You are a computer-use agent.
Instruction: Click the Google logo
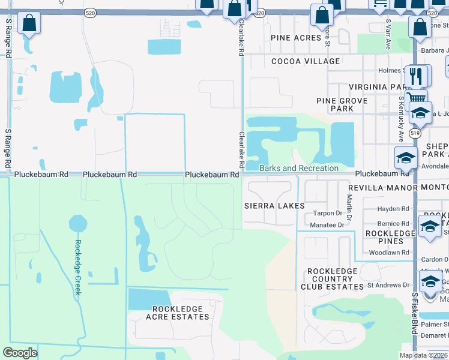pos(20,353)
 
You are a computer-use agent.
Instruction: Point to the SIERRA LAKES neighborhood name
pos(274,206)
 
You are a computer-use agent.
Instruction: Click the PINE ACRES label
pos(297,38)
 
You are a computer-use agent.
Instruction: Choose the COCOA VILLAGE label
pos(306,61)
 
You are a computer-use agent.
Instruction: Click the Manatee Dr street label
pos(327,225)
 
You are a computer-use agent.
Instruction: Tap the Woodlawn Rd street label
pos(389,253)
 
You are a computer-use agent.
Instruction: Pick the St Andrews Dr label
pos(388,285)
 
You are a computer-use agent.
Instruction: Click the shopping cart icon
pos(415,98)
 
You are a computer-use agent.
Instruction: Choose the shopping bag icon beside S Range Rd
pos(29,24)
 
